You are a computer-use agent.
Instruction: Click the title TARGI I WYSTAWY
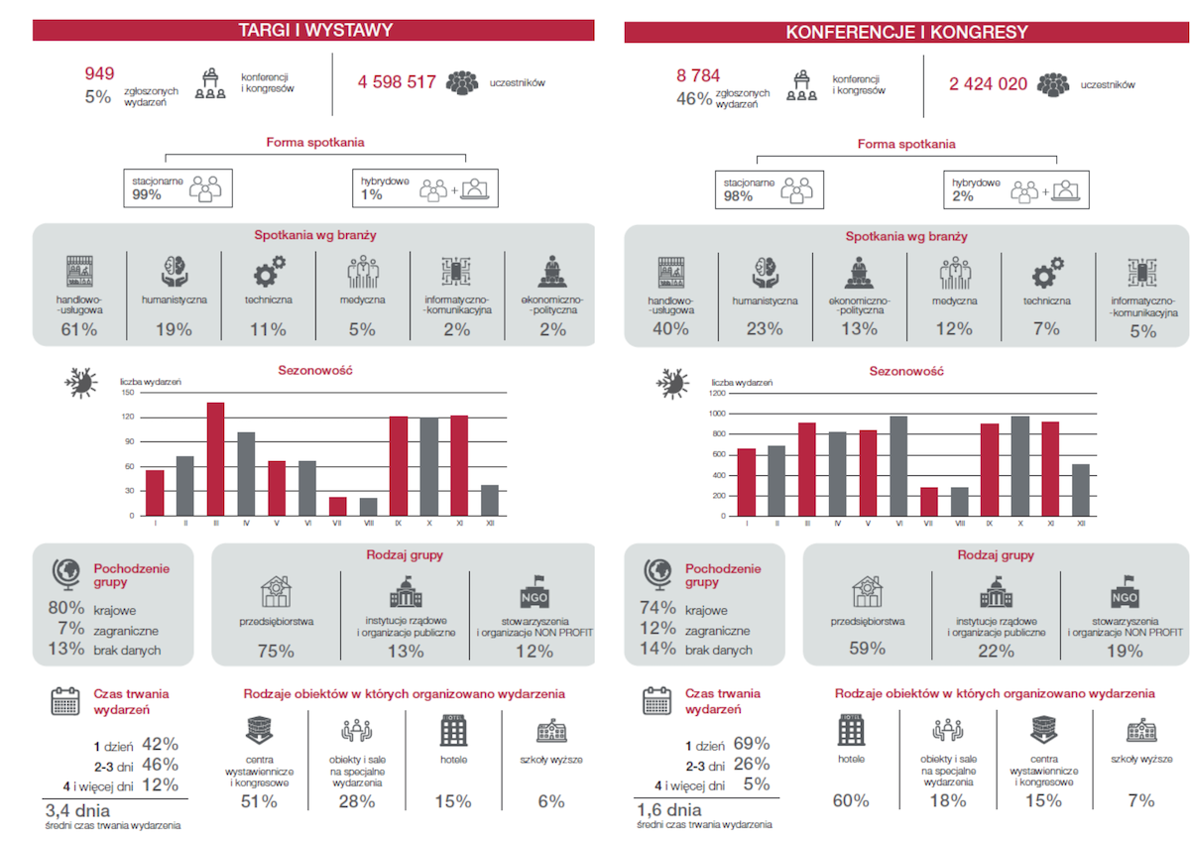click(315, 31)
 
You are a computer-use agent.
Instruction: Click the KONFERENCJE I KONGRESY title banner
click(906, 33)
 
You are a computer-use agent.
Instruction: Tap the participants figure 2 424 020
click(988, 84)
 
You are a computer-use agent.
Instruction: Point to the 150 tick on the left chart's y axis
click(127, 392)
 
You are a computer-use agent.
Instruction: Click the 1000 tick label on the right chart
click(717, 413)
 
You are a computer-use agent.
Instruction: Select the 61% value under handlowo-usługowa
click(77, 329)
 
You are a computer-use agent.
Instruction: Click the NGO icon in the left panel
click(534, 596)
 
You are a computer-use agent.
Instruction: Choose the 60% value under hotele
click(851, 800)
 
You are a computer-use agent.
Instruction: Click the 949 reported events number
click(99, 73)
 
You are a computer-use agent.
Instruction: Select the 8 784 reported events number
click(698, 75)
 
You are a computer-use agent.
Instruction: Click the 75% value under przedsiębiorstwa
click(275, 652)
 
